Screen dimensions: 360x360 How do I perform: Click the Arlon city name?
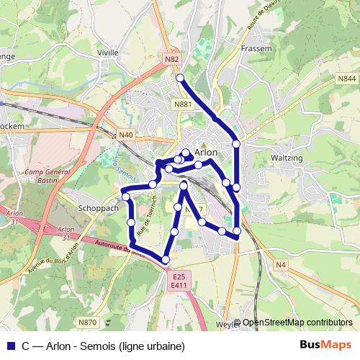[x=206, y=152]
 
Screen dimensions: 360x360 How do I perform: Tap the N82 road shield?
[x=171, y=59]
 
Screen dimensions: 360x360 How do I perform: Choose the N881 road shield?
[x=183, y=104]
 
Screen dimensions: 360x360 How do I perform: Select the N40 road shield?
[x=126, y=135]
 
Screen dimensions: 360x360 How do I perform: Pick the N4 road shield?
[x=281, y=266]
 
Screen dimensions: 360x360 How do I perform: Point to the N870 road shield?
[x=88, y=322]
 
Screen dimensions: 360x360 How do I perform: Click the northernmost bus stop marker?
[x=180, y=78]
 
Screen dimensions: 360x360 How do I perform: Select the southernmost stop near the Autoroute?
[x=166, y=259]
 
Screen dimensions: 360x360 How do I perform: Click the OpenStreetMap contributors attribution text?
[x=297, y=323]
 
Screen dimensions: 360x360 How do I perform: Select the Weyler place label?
[x=226, y=324]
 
